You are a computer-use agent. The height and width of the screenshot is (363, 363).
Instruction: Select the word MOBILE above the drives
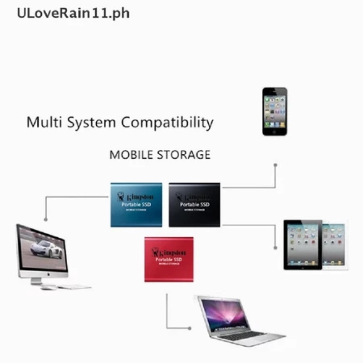[131, 155]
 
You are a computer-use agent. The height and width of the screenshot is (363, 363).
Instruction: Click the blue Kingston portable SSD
[136, 205]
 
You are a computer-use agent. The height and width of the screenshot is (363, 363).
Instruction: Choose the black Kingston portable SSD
[195, 205]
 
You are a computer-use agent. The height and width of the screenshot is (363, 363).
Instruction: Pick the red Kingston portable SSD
[169, 259]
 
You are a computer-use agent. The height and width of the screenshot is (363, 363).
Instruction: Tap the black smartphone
[275, 111]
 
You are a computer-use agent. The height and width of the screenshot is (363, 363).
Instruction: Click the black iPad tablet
[303, 245]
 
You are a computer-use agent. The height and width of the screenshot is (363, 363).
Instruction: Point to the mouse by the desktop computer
[48, 288]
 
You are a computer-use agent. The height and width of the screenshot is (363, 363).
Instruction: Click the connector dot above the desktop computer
[46, 219]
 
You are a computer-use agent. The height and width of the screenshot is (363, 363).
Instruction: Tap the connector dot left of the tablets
[275, 247]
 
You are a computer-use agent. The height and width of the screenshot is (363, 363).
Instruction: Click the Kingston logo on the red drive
[169, 252]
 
